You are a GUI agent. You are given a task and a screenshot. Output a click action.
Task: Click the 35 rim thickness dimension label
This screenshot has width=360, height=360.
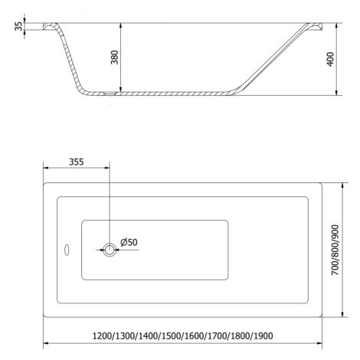click(18, 26)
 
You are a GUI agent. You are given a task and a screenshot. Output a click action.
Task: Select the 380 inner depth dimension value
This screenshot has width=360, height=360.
click(115, 57)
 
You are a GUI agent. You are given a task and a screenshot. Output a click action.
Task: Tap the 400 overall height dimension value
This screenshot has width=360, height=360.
click(330, 59)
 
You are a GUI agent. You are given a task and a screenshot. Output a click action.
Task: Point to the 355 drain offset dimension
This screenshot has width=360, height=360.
click(77, 162)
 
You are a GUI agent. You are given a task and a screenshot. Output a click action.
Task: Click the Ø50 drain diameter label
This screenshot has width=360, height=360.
click(129, 242)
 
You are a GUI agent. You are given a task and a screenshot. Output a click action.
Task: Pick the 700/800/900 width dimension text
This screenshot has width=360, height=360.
click(335, 250)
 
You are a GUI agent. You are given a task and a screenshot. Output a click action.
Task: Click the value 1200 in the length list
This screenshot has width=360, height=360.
click(102, 335)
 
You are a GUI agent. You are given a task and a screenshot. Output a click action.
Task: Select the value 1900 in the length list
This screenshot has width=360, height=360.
click(263, 335)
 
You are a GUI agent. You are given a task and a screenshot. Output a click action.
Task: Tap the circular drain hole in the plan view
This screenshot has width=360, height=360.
click(110, 250)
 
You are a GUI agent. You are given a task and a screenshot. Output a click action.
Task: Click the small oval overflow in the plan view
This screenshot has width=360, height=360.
click(67, 250)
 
